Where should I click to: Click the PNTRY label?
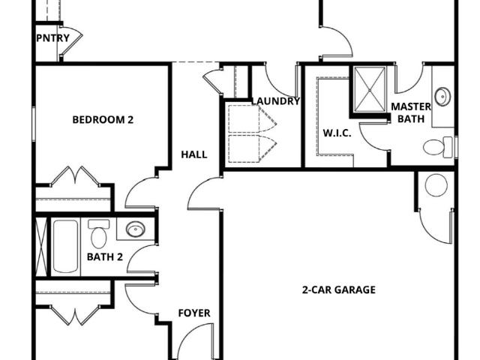(x=53, y=38)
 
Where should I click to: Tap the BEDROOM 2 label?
(x=103, y=120)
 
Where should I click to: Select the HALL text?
(x=194, y=154)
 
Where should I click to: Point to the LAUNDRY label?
(x=275, y=101)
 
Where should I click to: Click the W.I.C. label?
(x=337, y=133)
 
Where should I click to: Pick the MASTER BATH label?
(x=411, y=112)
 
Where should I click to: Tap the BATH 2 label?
(x=105, y=256)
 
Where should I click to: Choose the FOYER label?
(x=194, y=313)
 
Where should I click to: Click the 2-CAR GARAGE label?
(x=339, y=289)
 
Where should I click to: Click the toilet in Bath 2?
(x=98, y=234)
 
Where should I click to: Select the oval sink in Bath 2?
(x=135, y=229)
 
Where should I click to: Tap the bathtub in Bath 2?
(x=65, y=246)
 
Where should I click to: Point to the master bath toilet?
(x=438, y=147)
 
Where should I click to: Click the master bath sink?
(x=442, y=97)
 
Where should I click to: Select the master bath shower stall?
(x=369, y=89)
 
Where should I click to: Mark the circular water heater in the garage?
(x=436, y=185)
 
